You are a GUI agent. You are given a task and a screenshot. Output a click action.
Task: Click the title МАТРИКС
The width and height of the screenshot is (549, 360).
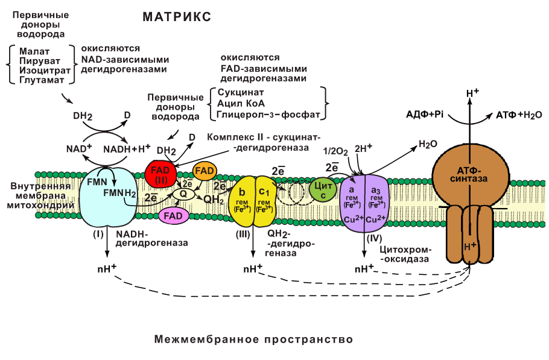[177, 17]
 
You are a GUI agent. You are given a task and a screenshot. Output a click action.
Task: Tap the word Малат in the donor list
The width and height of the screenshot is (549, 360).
[34, 51]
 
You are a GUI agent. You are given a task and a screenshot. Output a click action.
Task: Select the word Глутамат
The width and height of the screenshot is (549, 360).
[40, 80]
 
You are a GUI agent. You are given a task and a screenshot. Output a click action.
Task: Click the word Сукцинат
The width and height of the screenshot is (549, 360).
[240, 93]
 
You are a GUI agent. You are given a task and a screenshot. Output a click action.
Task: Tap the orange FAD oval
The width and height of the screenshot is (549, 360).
[205, 171]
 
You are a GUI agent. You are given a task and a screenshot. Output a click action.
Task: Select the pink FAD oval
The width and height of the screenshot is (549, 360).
[174, 215]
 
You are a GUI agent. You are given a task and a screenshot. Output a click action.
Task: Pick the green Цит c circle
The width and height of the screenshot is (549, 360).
[322, 189]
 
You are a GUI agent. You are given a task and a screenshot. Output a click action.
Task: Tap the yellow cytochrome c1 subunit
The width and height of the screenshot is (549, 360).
[264, 199]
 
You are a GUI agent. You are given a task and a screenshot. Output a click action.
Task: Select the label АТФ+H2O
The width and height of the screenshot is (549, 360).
[519, 114]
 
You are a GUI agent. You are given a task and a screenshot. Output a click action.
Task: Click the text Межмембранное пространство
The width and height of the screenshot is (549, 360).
[253, 339]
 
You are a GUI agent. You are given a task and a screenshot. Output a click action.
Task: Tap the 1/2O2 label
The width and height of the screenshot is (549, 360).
[336, 151]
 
